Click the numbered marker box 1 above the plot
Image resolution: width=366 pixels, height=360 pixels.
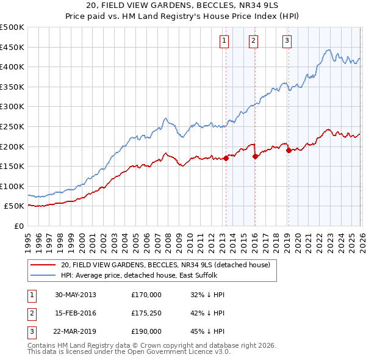point(224,41)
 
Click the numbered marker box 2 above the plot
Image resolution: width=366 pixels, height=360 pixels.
point(253,41)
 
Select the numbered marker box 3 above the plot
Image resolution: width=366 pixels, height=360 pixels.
point(287,41)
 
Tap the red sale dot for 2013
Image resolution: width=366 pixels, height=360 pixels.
point(226,158)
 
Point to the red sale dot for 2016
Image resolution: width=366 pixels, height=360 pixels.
point(255,156)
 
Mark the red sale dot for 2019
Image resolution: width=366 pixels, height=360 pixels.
point(288,150)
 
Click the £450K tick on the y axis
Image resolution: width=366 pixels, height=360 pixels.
point(12,47)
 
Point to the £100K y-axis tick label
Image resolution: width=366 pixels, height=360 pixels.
point(12,186)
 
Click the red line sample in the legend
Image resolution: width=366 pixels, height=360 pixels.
point(43,265)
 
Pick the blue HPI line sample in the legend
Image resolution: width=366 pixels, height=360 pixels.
point(43,275)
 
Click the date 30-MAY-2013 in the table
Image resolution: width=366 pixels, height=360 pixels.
point(75,295)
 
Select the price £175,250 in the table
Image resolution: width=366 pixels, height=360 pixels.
point(146,313)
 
